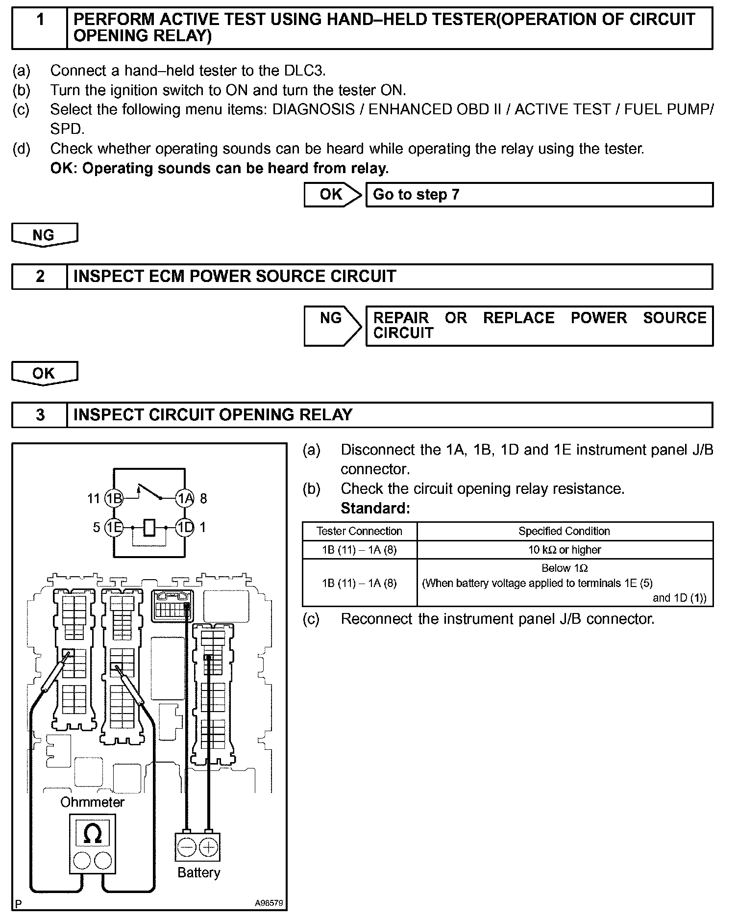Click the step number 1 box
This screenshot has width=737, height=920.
point(40,27)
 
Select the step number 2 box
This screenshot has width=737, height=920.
point(40,277)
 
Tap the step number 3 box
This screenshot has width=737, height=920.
point(40,415)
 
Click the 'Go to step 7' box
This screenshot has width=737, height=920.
point(539,195)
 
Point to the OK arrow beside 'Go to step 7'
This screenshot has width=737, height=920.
point(333,195)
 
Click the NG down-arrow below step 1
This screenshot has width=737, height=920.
point(44,235)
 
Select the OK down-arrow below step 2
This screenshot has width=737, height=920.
point(44,374)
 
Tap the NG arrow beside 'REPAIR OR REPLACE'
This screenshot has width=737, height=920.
point(333,325)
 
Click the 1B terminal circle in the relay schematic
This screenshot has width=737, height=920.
point(114,499)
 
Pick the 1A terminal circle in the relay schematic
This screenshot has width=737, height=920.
point(185,499)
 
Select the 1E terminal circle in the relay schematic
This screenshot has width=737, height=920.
point(114,528)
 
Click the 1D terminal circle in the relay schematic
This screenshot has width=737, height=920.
point(185,528)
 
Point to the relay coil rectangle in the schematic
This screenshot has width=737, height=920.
point(150,528)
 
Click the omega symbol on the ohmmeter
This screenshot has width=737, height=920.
point(93,834)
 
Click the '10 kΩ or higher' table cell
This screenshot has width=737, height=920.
point(565,550)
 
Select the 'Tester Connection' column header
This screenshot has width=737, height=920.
point(359,531)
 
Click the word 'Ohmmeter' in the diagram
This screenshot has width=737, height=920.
point(92,802)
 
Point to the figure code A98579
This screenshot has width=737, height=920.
point(269,903)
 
